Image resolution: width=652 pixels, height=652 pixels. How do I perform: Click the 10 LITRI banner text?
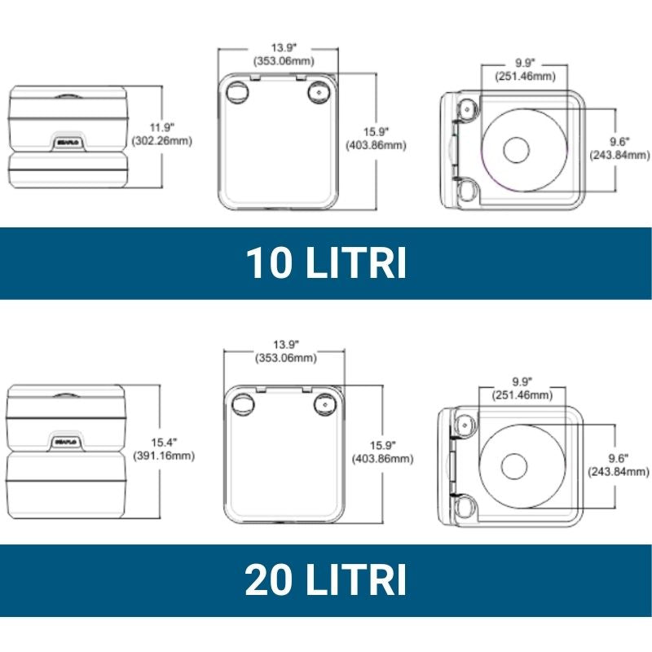(326, 263)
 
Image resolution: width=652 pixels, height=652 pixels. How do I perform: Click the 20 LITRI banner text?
(326, 580)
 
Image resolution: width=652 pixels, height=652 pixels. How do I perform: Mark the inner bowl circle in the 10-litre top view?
(517, 150)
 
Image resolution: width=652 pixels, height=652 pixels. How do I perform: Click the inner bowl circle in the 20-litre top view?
(515, 465)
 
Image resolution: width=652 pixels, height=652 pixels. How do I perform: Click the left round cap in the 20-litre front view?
(242, 404)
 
